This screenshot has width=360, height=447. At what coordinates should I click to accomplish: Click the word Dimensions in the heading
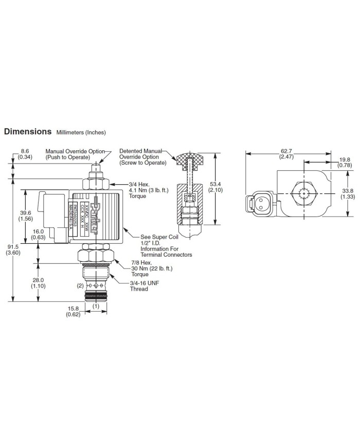click(x=28, y=131)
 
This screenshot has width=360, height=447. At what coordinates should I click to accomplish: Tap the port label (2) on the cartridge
click(x=80, y=285)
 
